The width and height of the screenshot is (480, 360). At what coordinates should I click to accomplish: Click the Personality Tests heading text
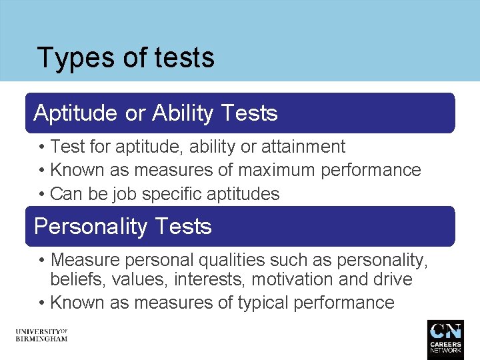[x=123, y=227]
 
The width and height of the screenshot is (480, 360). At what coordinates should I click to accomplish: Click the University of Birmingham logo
[x=41, y=335]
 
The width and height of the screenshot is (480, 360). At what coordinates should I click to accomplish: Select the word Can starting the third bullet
[x=65, y=194]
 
